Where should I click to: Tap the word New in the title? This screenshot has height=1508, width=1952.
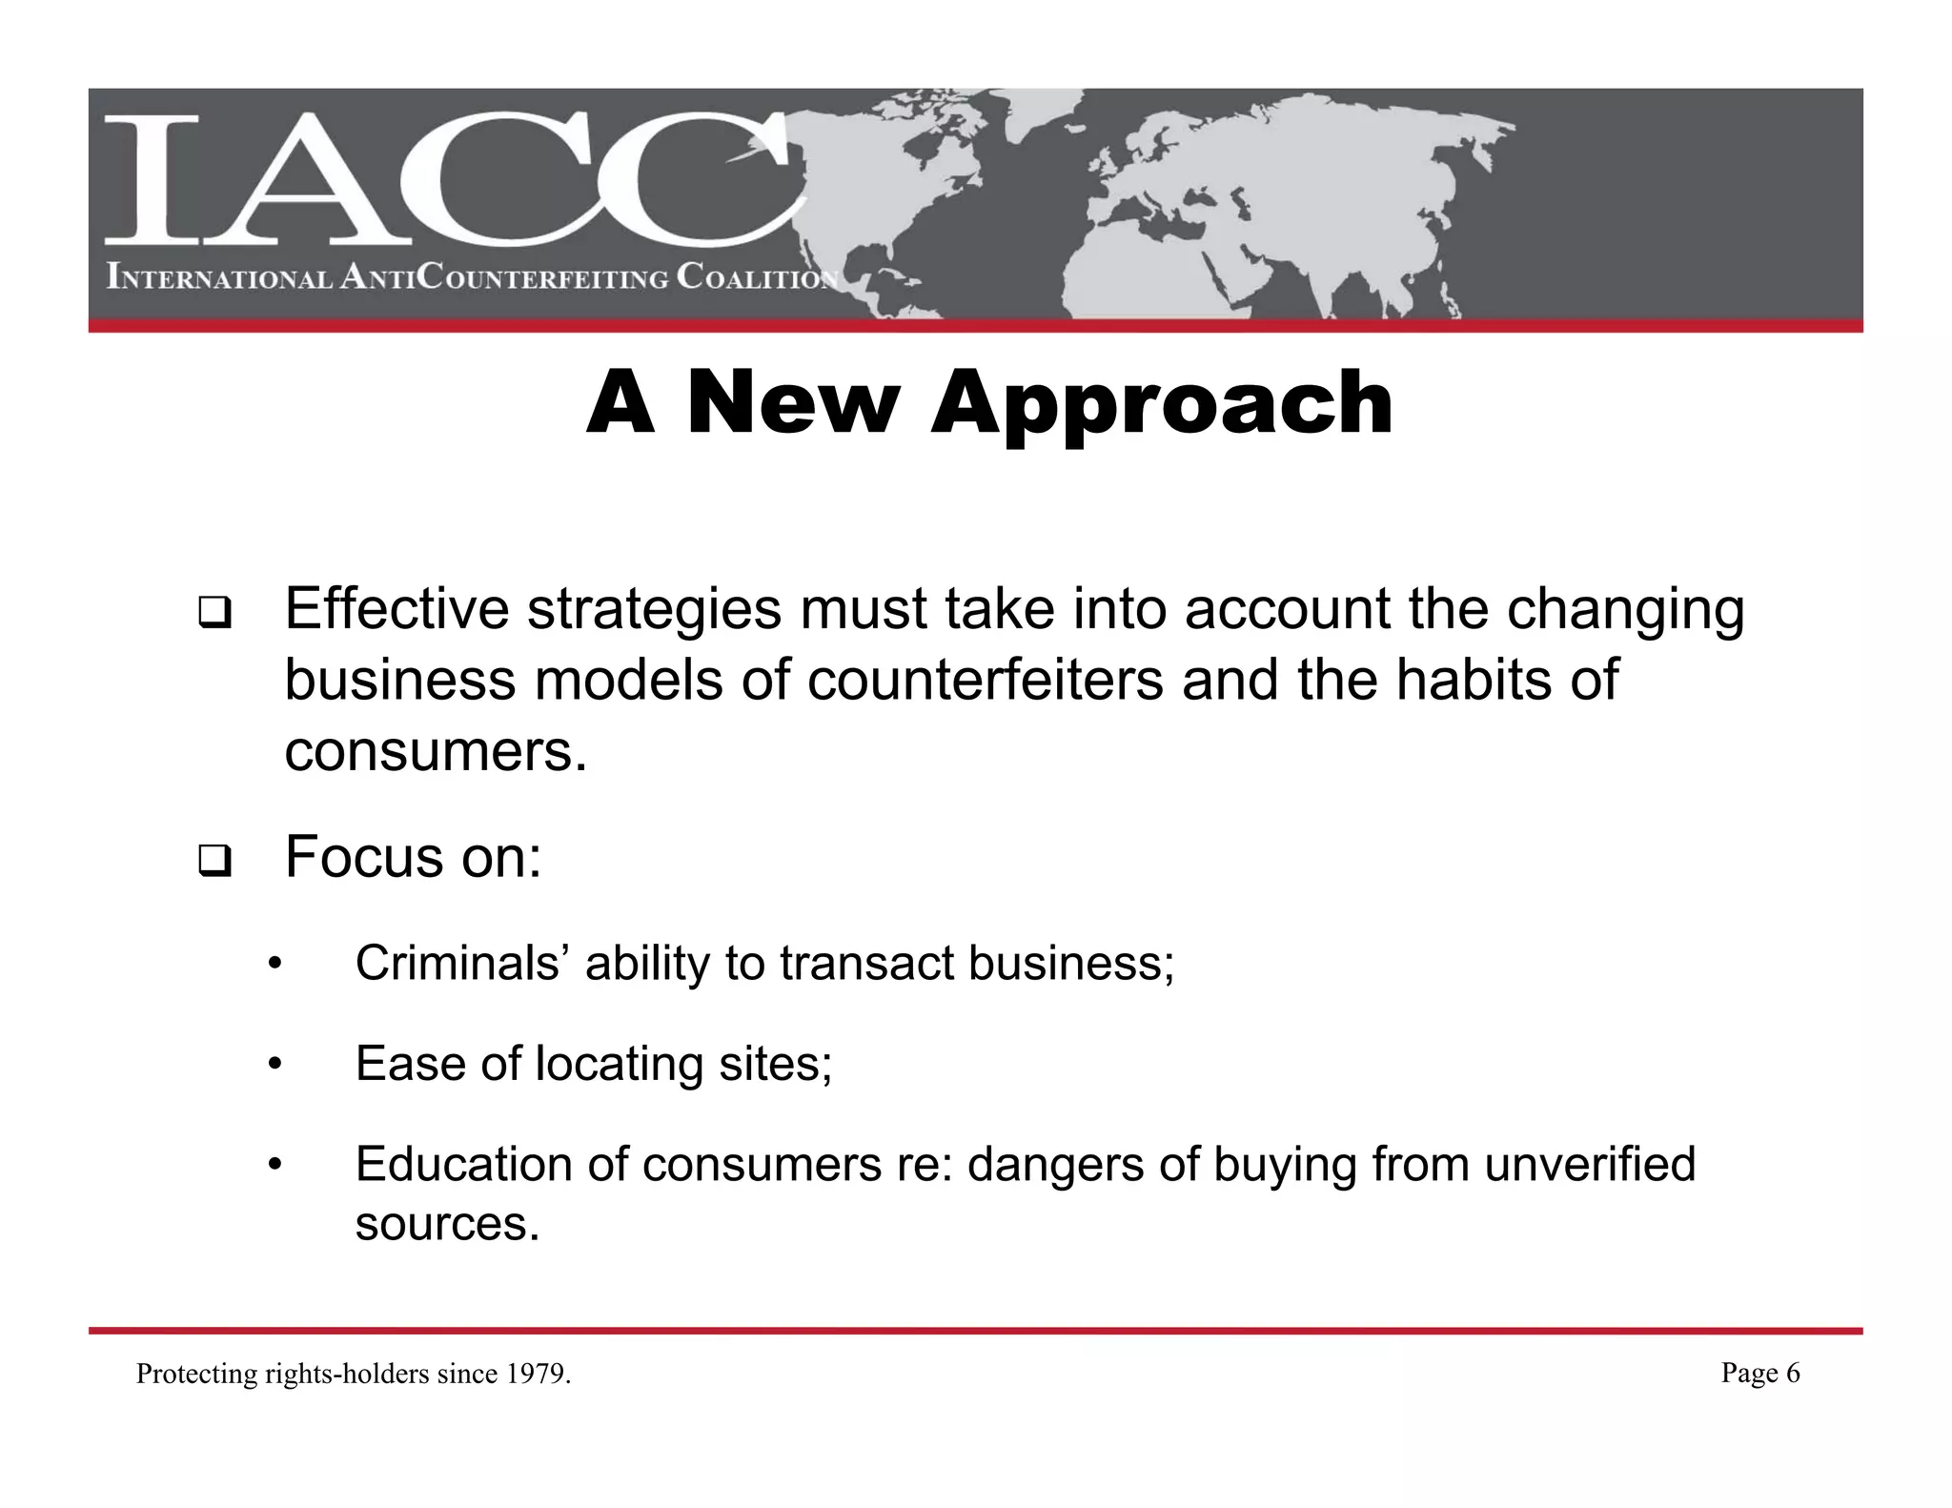pos(793,403)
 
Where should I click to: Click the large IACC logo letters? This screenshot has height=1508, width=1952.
pos(448,179)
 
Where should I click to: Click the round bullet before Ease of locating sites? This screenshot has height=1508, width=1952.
pos(274,1065)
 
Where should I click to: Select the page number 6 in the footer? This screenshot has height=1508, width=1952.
pos(1792,1373)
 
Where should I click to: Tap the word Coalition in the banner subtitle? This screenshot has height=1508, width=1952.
pos(758,277)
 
